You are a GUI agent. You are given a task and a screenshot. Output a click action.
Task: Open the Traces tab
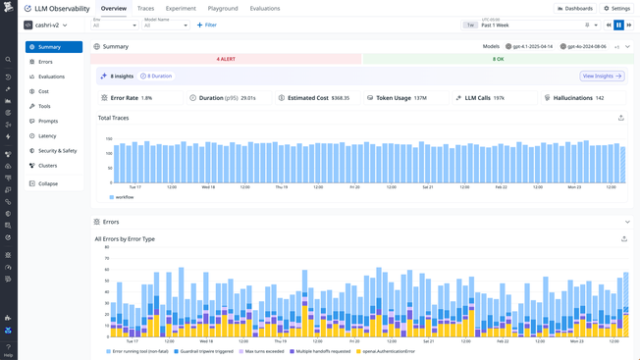tap(145, 9)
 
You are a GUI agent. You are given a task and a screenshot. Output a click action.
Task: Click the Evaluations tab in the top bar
tap(264, 9)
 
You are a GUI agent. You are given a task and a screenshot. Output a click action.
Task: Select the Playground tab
tap(223, 9)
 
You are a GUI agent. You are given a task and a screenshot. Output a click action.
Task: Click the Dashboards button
tap(575, 9)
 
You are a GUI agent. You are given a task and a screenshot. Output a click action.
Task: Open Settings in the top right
tap(617, 9)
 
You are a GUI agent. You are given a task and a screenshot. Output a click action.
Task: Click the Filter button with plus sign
tap(207, 26)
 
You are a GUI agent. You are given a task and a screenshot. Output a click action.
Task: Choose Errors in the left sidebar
tap(45, 62)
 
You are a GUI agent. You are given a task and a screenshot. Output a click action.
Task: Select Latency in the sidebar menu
tap(47, 136)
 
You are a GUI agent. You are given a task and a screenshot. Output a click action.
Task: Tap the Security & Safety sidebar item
tap(57, 151)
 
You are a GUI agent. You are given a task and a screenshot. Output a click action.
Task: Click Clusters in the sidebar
tap(47, 166)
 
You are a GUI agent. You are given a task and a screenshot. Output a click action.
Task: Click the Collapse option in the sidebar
tap(47, 183)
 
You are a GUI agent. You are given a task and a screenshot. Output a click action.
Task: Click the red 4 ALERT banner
tap(226, 59)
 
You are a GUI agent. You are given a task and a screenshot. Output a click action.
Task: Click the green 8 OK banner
tap(498, 59)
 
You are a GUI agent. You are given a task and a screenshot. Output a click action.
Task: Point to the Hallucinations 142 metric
tap(579, 98)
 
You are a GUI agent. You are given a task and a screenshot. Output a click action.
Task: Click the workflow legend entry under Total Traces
tap(124, 197)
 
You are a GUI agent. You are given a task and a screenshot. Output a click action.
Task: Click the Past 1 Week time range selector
tap(530, 26)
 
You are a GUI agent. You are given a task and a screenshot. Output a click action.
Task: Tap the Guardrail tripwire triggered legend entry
tap(204, 351)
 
